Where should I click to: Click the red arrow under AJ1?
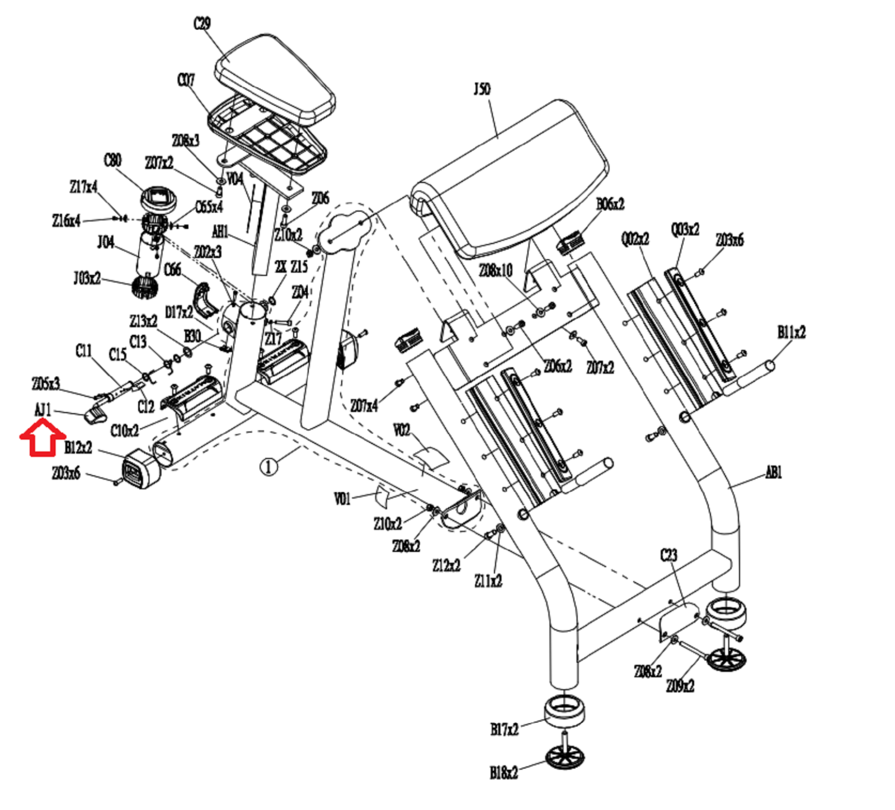pyautogui.click(x=43, y=437)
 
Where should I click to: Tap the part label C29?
pyautogui.click(x=202, y=25)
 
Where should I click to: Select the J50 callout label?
pyautogui.click(x=482, y=90)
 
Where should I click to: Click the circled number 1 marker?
pyautogui.click(x=269, y=466)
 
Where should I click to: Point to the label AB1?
pyautogui.click(x=774, y=473)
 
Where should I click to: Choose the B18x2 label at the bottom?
pyautogui.click(x=504, y=773)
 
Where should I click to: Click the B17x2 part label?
pyautogui.click(x=505, y=729)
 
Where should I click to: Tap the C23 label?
pyautogui.click(x=668, y=555)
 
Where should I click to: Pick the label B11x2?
pyautogui.click(x=792, y=333)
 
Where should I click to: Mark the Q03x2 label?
pyautogui.click(x=685, y=230)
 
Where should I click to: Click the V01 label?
pyautogui.click(x=342, y=499)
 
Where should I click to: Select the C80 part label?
pyautogui.click(x=112, y=161)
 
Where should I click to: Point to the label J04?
pyautogui.click(x=106, y=242)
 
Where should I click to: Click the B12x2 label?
pyautogui.click(x=78, y=448)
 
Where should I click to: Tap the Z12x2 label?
pyautogui.click(x=446, y=565)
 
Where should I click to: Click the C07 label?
pyautogui.click(x=186, y=81)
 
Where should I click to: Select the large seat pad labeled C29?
pyautogui.click(x=275, y=78)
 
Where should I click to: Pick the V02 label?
pyautogui.click(x=402, y=430)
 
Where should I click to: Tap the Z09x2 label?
pyautogui.click(x=680, y=686)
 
